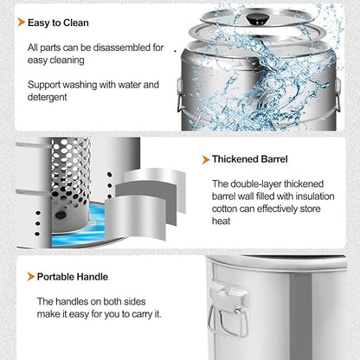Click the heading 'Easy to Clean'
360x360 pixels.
[58, 22]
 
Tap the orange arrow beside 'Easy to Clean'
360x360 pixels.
[22, 22]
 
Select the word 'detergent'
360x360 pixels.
[48, 97]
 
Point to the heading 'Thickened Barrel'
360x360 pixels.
[250, 159]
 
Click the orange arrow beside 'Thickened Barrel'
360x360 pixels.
[206, 159]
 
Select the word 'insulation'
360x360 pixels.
[315, 196]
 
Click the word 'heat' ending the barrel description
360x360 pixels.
[222, 222]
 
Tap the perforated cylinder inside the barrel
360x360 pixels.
[71, 184]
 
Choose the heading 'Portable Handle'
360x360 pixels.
[73, 277]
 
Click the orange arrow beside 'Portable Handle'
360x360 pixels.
[31, 276]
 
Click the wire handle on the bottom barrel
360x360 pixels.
[228, 322]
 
